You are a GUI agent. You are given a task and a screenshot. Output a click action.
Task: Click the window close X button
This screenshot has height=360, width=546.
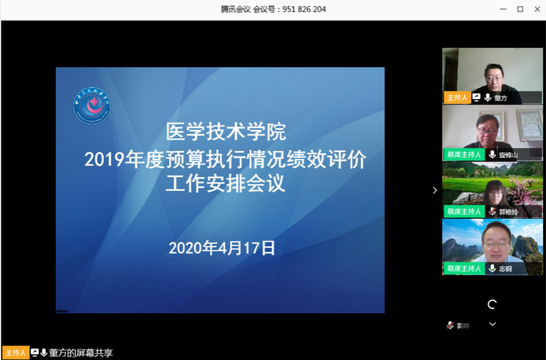pos(537,9)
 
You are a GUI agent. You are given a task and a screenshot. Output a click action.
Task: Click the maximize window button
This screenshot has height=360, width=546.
pos(520,9)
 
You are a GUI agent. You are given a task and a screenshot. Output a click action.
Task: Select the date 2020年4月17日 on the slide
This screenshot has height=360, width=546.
pos(221,248)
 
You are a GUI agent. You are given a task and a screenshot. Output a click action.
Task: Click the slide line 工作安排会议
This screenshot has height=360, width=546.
pos(226,184)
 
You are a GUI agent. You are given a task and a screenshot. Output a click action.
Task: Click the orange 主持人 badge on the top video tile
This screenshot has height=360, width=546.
pos(456,98)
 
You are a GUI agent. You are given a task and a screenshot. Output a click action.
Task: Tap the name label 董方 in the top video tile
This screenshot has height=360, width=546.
pos(500,98)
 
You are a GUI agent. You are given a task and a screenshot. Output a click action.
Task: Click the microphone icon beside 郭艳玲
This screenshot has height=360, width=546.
pos(492,212)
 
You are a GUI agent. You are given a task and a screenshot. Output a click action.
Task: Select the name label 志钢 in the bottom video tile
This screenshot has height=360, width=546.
pos(505,268)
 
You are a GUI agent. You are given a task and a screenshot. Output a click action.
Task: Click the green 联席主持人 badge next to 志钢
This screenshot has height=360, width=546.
pos(464,268)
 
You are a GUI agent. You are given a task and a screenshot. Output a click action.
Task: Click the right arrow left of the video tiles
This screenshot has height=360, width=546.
pos(434,190)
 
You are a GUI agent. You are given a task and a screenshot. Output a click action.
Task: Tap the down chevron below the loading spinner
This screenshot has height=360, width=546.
pos(493,324)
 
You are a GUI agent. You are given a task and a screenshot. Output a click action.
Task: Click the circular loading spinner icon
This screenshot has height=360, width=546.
pos(493,304)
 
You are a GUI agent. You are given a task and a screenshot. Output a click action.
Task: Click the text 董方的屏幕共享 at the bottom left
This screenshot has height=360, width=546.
pos(81,353)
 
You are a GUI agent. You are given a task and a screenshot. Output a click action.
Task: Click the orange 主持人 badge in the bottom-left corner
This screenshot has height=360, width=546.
pos(16,353)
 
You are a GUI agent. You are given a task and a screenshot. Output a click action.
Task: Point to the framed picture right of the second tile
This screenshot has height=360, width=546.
pos(528,124)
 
